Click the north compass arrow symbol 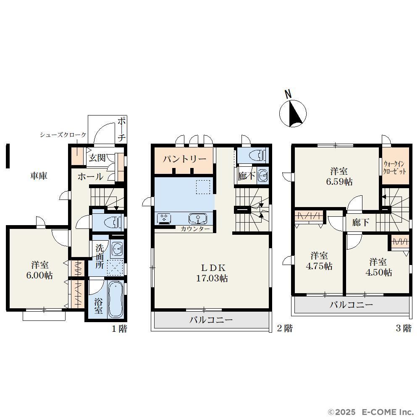293,113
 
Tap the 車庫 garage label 39,176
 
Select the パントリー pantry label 184,159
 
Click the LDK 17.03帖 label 212,273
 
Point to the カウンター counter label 195,229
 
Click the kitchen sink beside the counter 198,218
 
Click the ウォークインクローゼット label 394,168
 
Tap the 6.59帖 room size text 339,182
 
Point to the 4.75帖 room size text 319,266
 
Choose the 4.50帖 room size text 379,273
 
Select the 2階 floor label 285,328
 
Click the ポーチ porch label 122,129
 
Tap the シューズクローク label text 63,135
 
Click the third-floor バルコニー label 351,305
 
